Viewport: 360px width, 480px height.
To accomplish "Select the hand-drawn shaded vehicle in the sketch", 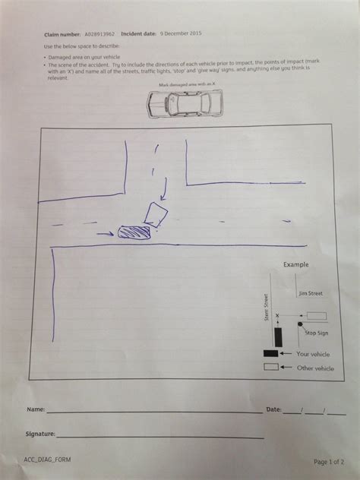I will (135, 232).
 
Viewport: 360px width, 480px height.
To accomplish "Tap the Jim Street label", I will (309, 292).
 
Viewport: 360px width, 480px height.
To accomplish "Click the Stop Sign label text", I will (316, 333).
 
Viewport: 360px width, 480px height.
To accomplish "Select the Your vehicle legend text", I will (314, 353).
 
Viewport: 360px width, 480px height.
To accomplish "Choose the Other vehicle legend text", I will (315, 368).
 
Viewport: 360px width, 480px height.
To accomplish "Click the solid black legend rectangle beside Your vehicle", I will (270, 354).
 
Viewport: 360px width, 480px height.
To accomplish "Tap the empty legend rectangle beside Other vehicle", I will (270, 368).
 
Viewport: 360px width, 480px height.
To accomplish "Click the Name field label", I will (35, 409).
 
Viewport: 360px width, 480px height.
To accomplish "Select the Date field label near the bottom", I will (273, 409).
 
